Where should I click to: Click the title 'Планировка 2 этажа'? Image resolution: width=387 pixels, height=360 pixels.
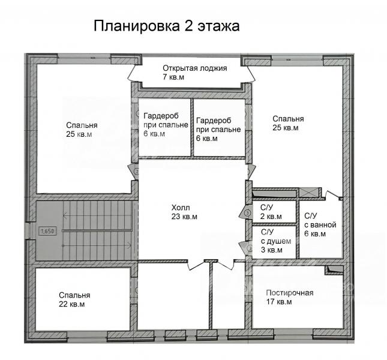click(167, 26)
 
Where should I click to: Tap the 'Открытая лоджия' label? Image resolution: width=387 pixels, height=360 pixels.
click(195, 68)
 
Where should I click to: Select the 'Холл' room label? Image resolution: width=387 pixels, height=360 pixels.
click(181, 208)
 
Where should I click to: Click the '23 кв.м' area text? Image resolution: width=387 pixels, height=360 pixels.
click(184, 217)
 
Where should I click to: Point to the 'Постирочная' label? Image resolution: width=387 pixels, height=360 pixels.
click(290, 293)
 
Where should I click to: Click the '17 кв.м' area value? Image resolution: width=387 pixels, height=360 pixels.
click(279, 302)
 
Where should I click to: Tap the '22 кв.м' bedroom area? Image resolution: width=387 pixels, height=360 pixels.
click(72, 304)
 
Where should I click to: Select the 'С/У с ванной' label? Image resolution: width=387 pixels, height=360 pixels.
click(320, 220)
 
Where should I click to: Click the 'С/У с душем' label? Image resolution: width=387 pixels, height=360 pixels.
click(276, 236)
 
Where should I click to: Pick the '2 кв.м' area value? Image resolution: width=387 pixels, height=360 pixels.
click(271, 217)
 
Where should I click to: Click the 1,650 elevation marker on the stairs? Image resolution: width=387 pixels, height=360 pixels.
click(47, 231)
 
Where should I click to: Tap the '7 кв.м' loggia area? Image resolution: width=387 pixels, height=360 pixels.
click(173, 77)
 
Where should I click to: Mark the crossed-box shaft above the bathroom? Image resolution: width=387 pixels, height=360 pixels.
click(308, 193)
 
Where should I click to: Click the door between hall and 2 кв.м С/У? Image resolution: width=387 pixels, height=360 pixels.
click(245, 212)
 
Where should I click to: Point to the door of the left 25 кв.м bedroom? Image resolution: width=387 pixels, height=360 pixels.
click(134, 172)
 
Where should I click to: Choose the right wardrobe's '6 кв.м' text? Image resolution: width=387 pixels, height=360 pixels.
click(207, 139)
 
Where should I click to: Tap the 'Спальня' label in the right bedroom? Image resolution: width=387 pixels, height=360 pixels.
click(288, 119)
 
